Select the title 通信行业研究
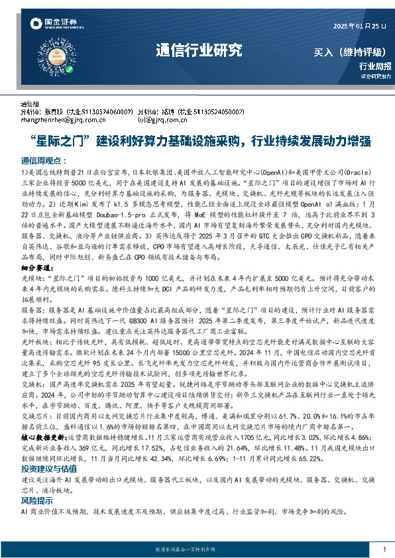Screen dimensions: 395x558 coord(199,50)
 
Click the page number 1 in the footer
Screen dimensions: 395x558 coord(384,549)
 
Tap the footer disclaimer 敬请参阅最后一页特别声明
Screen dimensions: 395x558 coord(197,549)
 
